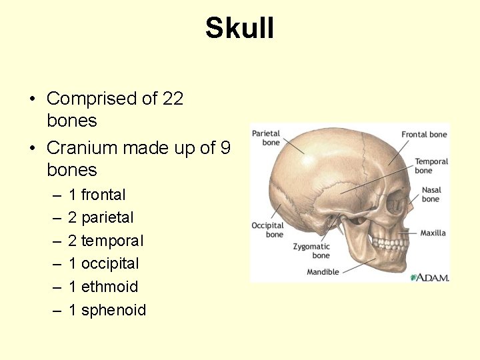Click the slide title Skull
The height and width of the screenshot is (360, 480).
click(x=239, y=29)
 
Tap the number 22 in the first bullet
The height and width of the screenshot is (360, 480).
click(x=173, y=99)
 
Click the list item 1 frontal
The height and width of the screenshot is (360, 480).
click(x=97, y=195)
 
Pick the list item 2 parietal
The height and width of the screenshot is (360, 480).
click(x=101, y=217)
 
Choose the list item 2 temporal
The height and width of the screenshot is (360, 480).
click(x=105, y=241)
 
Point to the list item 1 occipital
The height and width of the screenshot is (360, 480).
click(x=103, y=263)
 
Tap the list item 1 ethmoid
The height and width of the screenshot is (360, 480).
click(x=103, y=287)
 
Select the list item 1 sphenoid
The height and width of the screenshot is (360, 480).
click(x=107, y=310)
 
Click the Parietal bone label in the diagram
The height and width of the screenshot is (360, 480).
click(x=266, y=138)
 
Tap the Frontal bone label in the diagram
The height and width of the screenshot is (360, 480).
click(x=424, y=135)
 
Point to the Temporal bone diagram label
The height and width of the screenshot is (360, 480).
click(x=431, y=165)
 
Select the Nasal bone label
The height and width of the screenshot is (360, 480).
click(x=431, y=195)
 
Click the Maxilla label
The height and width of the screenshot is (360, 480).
click(x=433, y=233)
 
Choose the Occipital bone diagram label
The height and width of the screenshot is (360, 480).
click(x=267, y=230)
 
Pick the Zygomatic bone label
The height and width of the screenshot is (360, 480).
click(x=311, y=251)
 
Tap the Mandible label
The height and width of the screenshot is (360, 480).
click(x=323, y=272)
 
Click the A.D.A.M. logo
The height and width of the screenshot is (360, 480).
click(x=430, y=277)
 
